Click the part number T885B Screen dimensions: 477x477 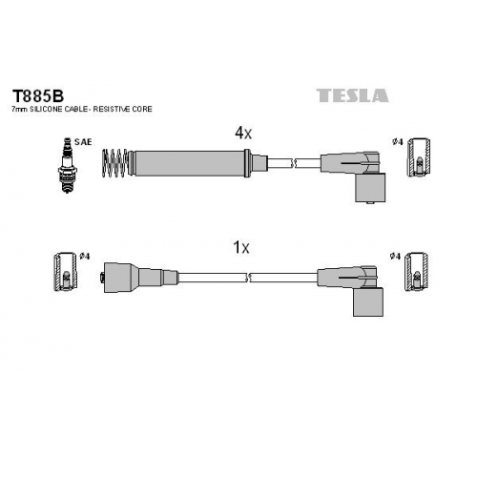point(38,95)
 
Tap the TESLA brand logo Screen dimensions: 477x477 point(352,95)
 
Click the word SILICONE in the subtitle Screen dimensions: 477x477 point(47,109)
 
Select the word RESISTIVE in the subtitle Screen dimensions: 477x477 point(112,109)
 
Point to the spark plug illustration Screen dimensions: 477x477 point(68,165)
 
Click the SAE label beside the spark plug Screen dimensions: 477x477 point(83,142)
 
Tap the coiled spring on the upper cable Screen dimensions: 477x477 point(114,163)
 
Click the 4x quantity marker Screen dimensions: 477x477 point(243,133)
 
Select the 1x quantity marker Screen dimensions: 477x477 point(241,247)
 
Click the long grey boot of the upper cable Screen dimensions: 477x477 point(190,163)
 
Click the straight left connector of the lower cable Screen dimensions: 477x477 point(140,278)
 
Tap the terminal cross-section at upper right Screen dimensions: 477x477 point(419,157)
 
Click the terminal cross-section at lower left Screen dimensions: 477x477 point(65,272)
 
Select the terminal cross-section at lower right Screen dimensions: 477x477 point(416,272)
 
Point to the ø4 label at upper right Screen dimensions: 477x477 point(398,142)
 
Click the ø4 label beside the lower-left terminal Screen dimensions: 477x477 point(85,257)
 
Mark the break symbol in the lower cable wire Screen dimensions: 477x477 point(249,278)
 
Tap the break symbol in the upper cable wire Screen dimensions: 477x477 point(294,163)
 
